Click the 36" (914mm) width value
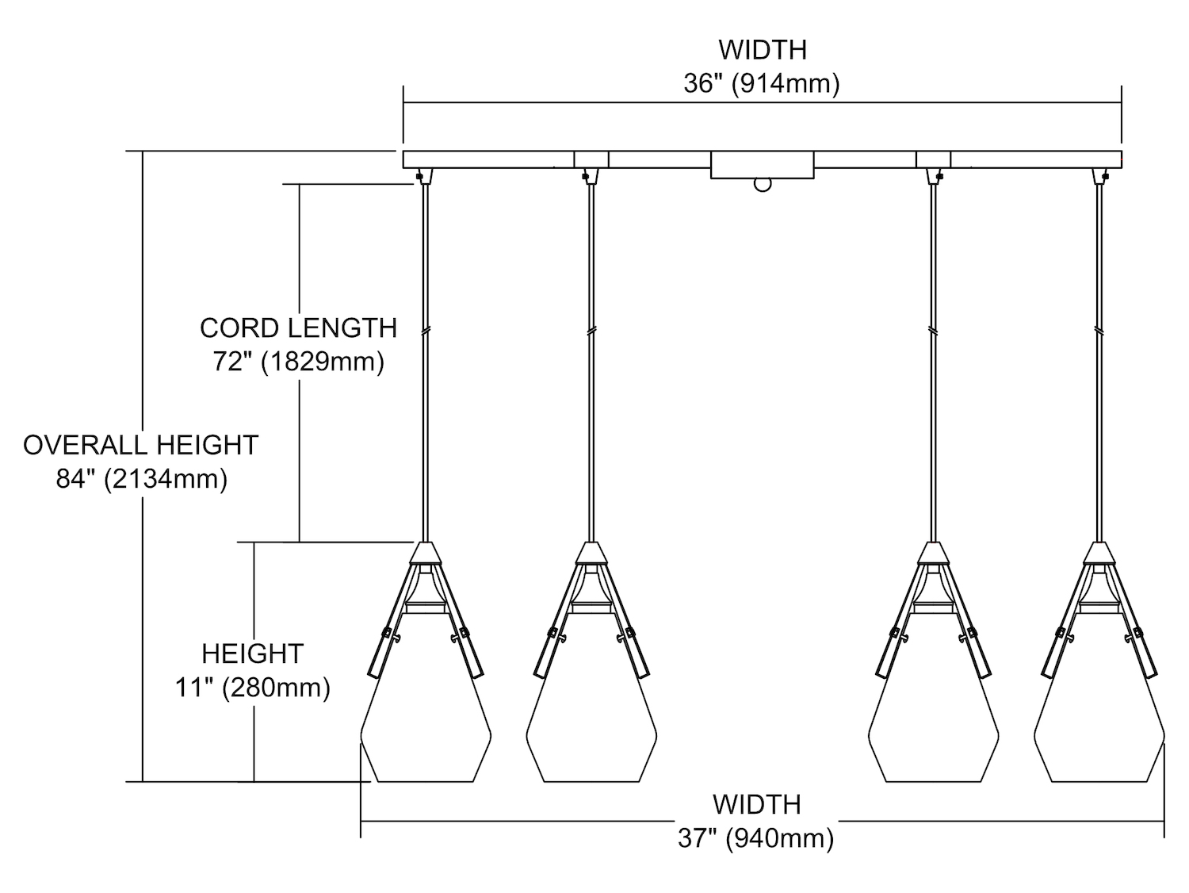[762, 84]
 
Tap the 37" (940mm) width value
[756, 839]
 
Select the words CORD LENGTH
[299, 328]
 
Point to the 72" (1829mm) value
[299, 362]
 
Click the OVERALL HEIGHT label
[141, 446]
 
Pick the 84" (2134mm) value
[142, 479]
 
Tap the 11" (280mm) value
[252, 688]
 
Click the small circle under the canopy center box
[763, 185]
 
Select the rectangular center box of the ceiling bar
[763, 165]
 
